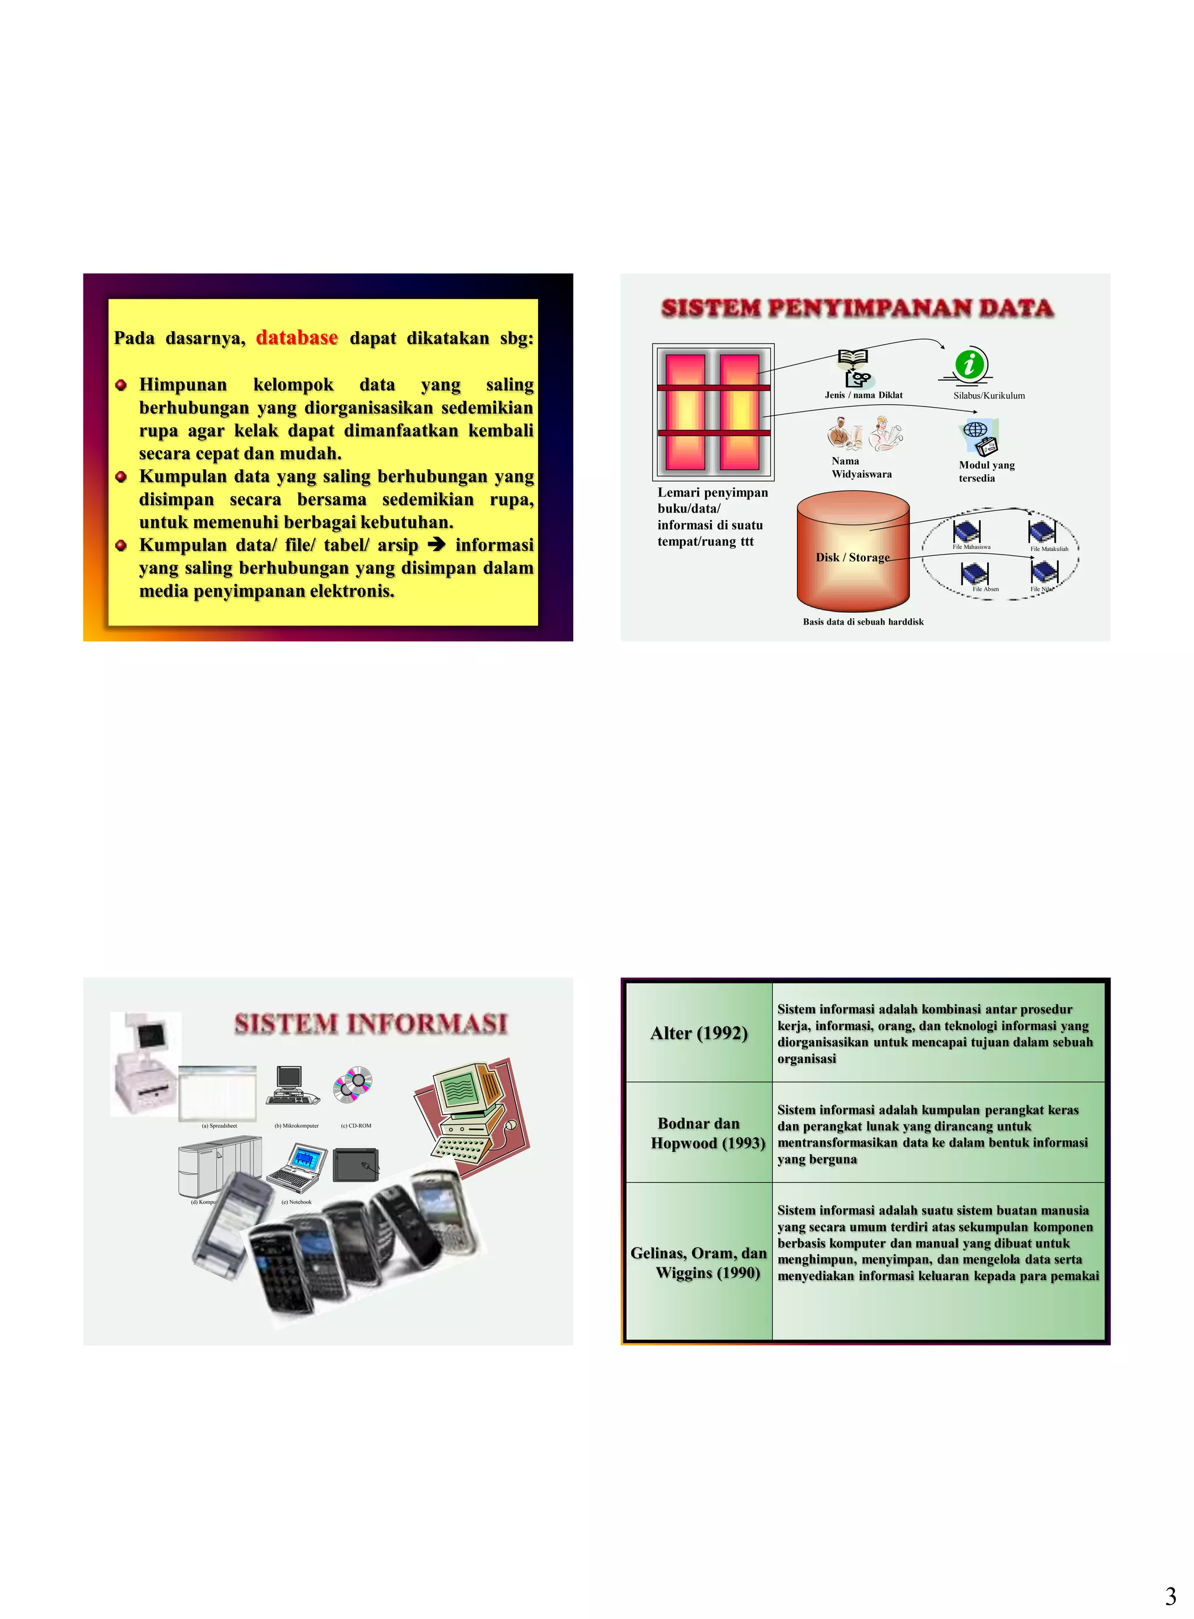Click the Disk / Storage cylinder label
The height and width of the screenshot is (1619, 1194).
click(x=852, y=558)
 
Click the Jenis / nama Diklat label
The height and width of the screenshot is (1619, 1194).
click(x=863, y=395)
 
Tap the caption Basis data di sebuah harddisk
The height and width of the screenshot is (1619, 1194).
click(x=863, y=622)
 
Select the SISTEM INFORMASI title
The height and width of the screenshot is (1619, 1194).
click(x=371, y=1024)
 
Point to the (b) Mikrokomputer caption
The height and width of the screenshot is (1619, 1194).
click(x=296, y=1126)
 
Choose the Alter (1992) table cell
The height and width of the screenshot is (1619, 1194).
click(x=698, y=1033)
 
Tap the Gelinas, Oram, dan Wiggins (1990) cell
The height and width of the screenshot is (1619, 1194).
click(x=698, y=1263)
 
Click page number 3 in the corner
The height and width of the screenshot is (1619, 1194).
click(x=1170, y=1596)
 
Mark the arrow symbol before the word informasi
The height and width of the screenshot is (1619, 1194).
click(x=437, y=545)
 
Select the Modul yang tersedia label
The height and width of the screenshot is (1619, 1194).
click(x=986, y=471)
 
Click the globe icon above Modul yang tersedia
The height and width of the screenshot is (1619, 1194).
click(x=974, y=429)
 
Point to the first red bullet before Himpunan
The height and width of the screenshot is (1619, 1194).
click(x=121, y=385)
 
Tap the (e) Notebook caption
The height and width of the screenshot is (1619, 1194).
click(x=296, y=1203)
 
